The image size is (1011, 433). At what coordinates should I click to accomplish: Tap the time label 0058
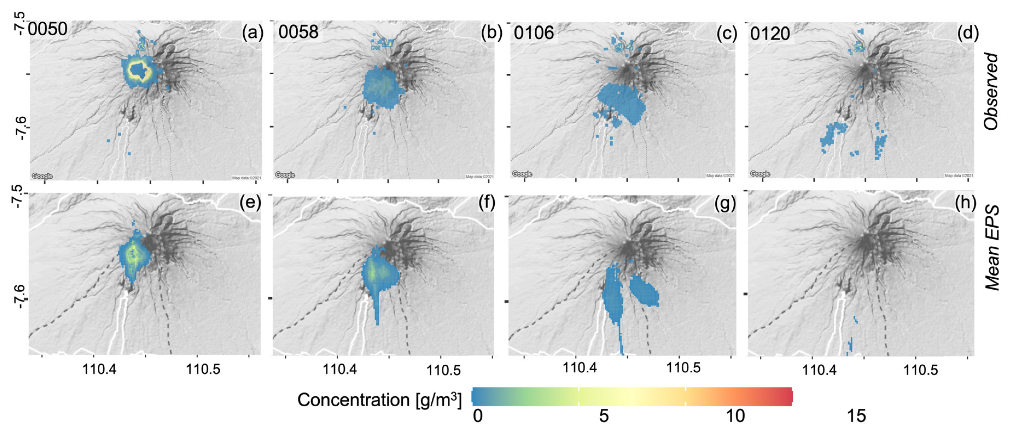(x=298, y=32)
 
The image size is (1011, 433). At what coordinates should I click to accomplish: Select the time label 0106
(x=534, y=33)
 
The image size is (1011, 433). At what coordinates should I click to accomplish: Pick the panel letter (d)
(x=968, y=33)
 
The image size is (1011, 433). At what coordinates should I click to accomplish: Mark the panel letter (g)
(x=724, y=204)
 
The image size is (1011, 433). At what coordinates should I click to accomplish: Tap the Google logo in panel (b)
(x=285, y=174)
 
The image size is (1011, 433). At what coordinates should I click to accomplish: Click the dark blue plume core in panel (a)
(x=139, y=71)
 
